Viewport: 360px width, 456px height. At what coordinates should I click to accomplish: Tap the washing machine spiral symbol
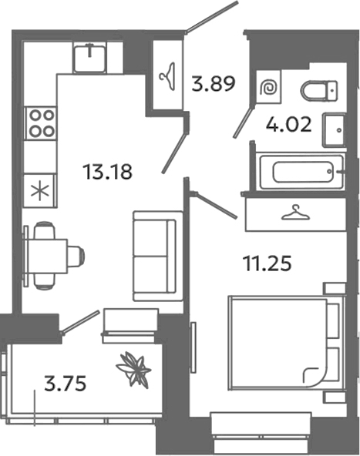coord(270,89)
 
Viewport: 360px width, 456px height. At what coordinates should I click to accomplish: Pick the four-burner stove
coord(41,122)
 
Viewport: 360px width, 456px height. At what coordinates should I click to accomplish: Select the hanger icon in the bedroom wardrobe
coord(295,213)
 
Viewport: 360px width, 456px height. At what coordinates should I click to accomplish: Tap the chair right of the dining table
coord(75,255)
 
